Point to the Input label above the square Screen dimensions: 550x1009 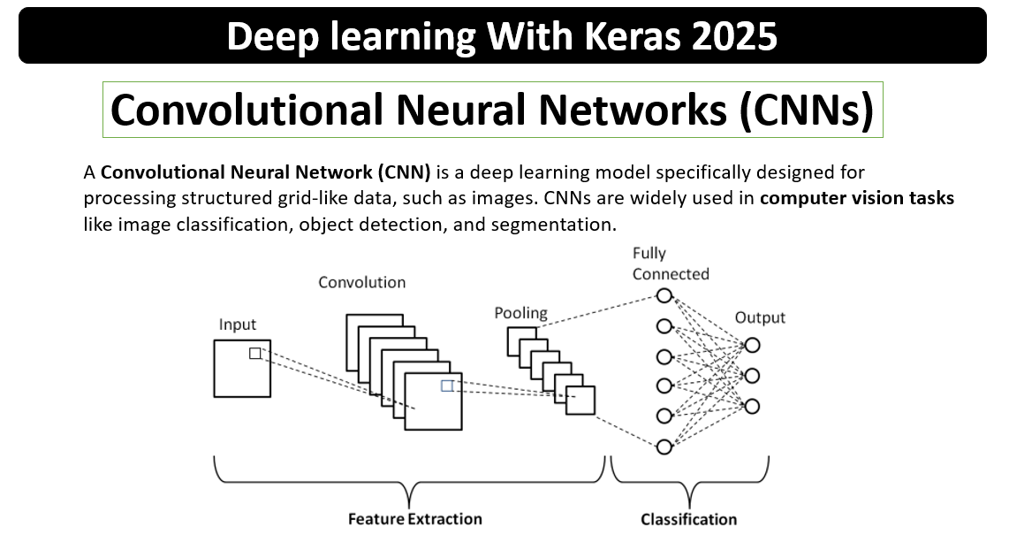pyautogui.click(x=237, y=325)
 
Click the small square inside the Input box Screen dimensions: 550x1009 pyautogui.click(x=255, y=354)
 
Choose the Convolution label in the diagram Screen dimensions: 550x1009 pyautogui.click(x=361, y=283)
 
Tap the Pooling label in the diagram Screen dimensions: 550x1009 pyautogui.click(x=520, y=313)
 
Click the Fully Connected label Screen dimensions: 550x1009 pyautogui.click(x=671, y=264)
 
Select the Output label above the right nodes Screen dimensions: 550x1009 pyautogui.click(x=760, y=317)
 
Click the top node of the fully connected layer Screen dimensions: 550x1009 pyautogui.click(x=664, y=295)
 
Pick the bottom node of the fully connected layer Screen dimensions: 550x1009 pyautogui.click(x=664, y=447)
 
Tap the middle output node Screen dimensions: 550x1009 pyautogui.click(x=752, y=376)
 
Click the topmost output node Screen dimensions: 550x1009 pyautogui.click(x=752, y=346)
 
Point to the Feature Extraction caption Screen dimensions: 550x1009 pyautogui.click(x=414, y=519)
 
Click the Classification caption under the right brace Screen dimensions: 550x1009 pyautogui.click(x=688, y=519)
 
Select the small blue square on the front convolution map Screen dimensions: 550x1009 pyautogui.click(x=447, y=386)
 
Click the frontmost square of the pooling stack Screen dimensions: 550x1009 pyautogui.click(x=580, y=400)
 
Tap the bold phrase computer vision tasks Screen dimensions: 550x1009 pyautogui.click(x=856, y=198)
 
